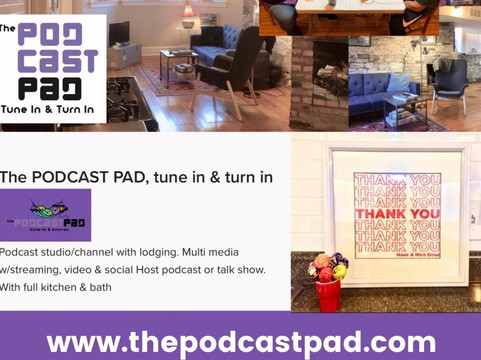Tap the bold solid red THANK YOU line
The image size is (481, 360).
click(x=397, y=212)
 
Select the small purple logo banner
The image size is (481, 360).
click(x=46, y=215)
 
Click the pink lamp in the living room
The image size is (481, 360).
click(x=188, y=14)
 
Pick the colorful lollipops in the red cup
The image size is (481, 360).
click(x=327, y=267)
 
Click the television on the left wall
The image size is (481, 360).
click(x=120, y=33)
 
